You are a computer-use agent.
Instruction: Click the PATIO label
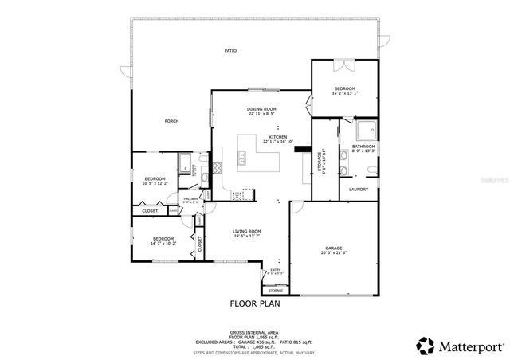[x=230, y=50]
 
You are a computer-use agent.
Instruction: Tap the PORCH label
[x=171, y=121]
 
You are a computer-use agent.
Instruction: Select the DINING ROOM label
[x=261, y=108]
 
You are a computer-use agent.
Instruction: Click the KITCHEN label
[x=277, y=137]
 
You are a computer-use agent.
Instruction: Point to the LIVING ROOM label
[x=247, y=231]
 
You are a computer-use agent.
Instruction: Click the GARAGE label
[x=333, y=248]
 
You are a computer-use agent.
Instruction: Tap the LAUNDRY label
[x=359, y=189]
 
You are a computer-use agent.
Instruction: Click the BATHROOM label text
[x=363, y=147]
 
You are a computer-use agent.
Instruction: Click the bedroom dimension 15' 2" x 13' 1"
[x=344, y=93]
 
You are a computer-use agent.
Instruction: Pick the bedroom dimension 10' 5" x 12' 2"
[x=155, y=183]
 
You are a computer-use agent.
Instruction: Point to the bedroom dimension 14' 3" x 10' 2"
[x=163, y=244]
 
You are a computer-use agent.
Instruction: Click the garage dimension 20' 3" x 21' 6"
[x=333, y=253]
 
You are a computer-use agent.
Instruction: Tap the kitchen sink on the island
[x=242, y=162]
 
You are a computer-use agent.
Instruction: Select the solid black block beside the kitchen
[x=302, y=147]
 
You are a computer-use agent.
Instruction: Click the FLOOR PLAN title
[x=254, y=303]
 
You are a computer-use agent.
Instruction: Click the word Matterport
[x=469, y=346]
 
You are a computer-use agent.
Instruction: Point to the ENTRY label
[x=275, y=269]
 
